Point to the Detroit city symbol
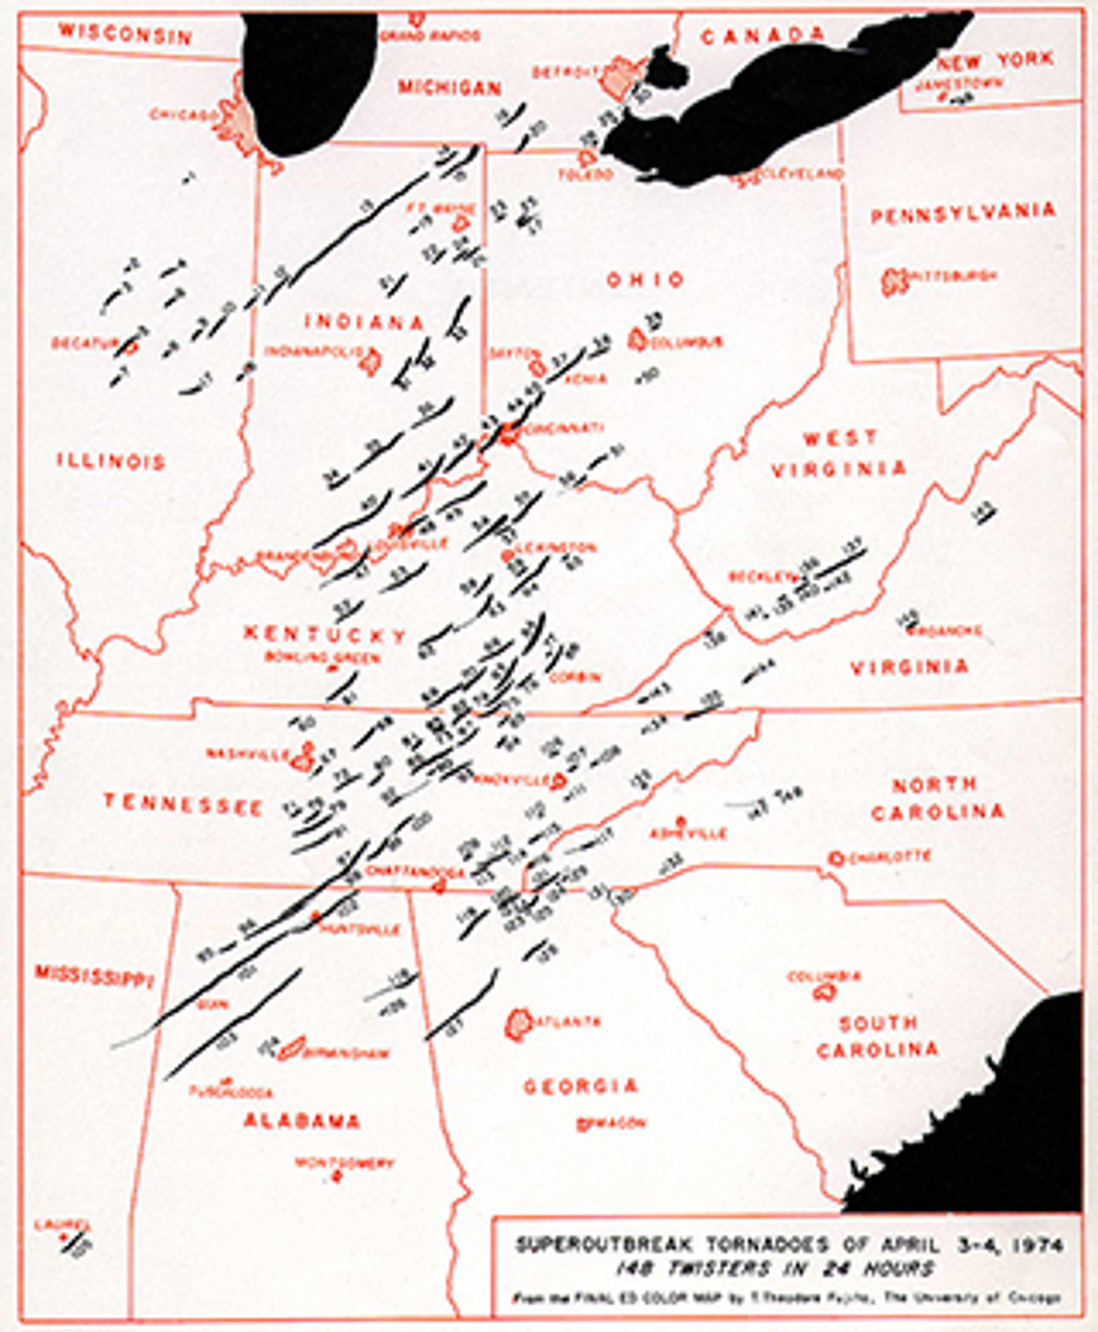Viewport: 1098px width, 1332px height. pos(617,76)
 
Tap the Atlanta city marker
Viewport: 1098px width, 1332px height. pos(519,1023)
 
